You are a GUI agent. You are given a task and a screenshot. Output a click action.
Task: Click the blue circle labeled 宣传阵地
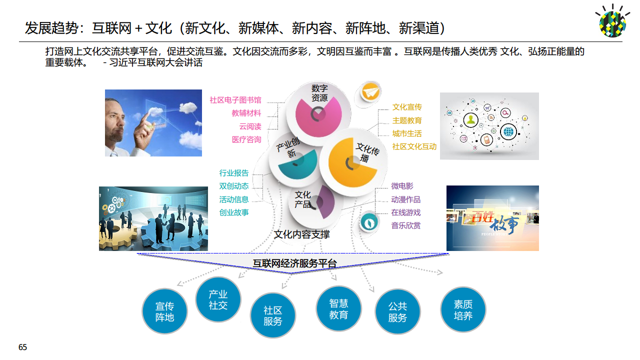(x=164, y=311)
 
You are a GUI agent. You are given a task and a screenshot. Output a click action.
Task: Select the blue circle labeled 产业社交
(x=218, y=300)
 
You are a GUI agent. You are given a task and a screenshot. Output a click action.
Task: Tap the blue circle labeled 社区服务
(x=273, y=316)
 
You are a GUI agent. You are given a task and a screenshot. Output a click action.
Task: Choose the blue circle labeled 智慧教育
(x=338, y=309)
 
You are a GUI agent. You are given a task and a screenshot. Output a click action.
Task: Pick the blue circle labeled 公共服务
(x=397, y=311)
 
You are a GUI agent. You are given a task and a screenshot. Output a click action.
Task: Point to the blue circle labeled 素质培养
(x=463, y=310)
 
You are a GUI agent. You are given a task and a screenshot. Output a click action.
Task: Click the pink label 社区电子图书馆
(x=235, y=100)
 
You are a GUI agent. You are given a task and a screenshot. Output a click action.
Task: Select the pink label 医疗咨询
(x=246, y=139)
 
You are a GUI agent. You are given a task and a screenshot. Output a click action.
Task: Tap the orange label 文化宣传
(x=407, y=107)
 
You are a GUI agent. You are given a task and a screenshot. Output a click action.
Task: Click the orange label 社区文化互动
(x=414, y=146)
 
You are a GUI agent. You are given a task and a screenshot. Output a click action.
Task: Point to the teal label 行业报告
(x=234, y=173)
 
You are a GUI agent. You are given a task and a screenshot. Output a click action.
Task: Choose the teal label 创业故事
(x=234, y=212)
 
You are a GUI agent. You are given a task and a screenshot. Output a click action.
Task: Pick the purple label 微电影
(x=402, y=186)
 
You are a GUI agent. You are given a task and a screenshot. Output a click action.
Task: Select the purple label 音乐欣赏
(x=406, y=225)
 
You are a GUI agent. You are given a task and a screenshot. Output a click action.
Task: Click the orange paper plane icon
(x=370, y=91)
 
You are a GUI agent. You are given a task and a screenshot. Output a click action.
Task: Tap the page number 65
(x=22, y=347)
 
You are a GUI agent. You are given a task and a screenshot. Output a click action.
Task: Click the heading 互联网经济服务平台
(x=294, y=263)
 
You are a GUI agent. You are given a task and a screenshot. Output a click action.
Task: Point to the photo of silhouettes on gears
(x=153, y=218)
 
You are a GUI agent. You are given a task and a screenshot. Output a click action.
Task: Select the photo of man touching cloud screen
(x=153, y=123)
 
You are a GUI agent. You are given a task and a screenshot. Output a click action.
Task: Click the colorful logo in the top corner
(x=613, y=21)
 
